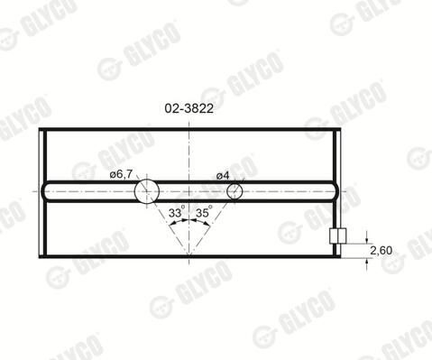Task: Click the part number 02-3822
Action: pos(188,108)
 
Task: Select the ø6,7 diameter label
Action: pos(121,174)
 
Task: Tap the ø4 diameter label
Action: pos(223,176)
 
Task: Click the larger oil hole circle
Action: pos(147,191)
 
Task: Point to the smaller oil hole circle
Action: pos(234,191)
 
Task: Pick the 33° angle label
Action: pos(175,213)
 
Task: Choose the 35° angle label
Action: pos(203,213)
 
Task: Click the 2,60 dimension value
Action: pos(381,250)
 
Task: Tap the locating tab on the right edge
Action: pos(338,235)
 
